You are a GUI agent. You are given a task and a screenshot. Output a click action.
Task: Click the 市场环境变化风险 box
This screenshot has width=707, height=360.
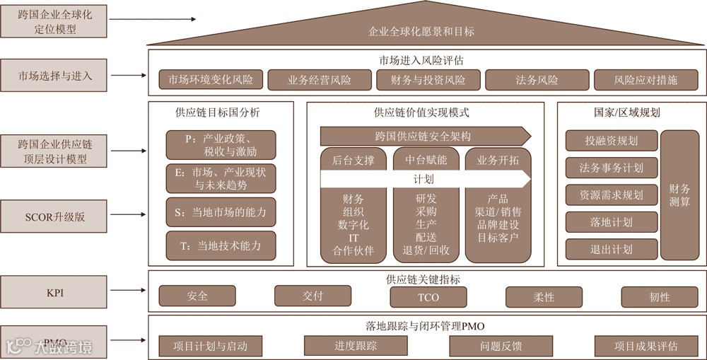pos(210,80)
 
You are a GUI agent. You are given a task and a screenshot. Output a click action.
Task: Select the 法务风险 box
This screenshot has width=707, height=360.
pos(536,80)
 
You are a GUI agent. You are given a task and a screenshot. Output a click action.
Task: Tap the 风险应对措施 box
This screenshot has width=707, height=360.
pos(645,80)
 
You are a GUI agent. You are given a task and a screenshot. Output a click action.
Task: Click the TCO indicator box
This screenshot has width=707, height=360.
pos(428,297)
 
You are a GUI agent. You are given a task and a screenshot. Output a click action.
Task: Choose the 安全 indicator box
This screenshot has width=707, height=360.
pos(197,296)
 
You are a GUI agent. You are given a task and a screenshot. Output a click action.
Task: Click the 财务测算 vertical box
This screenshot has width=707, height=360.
pos(679,194)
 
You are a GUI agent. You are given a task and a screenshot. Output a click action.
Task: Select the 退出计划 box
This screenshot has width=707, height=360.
pos(611,249)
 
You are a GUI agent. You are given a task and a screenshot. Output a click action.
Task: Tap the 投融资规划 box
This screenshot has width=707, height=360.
pos(611,141)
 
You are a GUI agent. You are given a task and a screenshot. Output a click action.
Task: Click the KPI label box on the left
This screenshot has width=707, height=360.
pos(54,292)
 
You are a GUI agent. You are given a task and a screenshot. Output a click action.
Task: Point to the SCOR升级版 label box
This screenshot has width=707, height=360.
pos(54,216)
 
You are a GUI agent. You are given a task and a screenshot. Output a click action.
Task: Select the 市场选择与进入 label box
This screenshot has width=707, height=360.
pos(54,74)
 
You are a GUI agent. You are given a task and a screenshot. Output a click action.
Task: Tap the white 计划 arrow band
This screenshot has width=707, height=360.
pos(423,180)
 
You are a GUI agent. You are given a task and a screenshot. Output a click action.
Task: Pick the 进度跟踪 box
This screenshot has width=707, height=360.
pos(356,346)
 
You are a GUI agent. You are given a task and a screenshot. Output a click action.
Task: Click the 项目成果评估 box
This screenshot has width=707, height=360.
pos(645,346)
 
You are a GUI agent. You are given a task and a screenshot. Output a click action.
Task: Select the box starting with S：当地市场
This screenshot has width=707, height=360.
pos(221,212)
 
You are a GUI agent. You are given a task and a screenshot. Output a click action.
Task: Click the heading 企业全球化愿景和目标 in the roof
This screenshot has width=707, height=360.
pos(421,31)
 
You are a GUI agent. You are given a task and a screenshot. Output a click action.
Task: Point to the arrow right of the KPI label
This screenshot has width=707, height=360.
pos(127,292)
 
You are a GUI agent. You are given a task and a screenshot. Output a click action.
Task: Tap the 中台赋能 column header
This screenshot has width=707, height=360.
pos(426,160)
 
